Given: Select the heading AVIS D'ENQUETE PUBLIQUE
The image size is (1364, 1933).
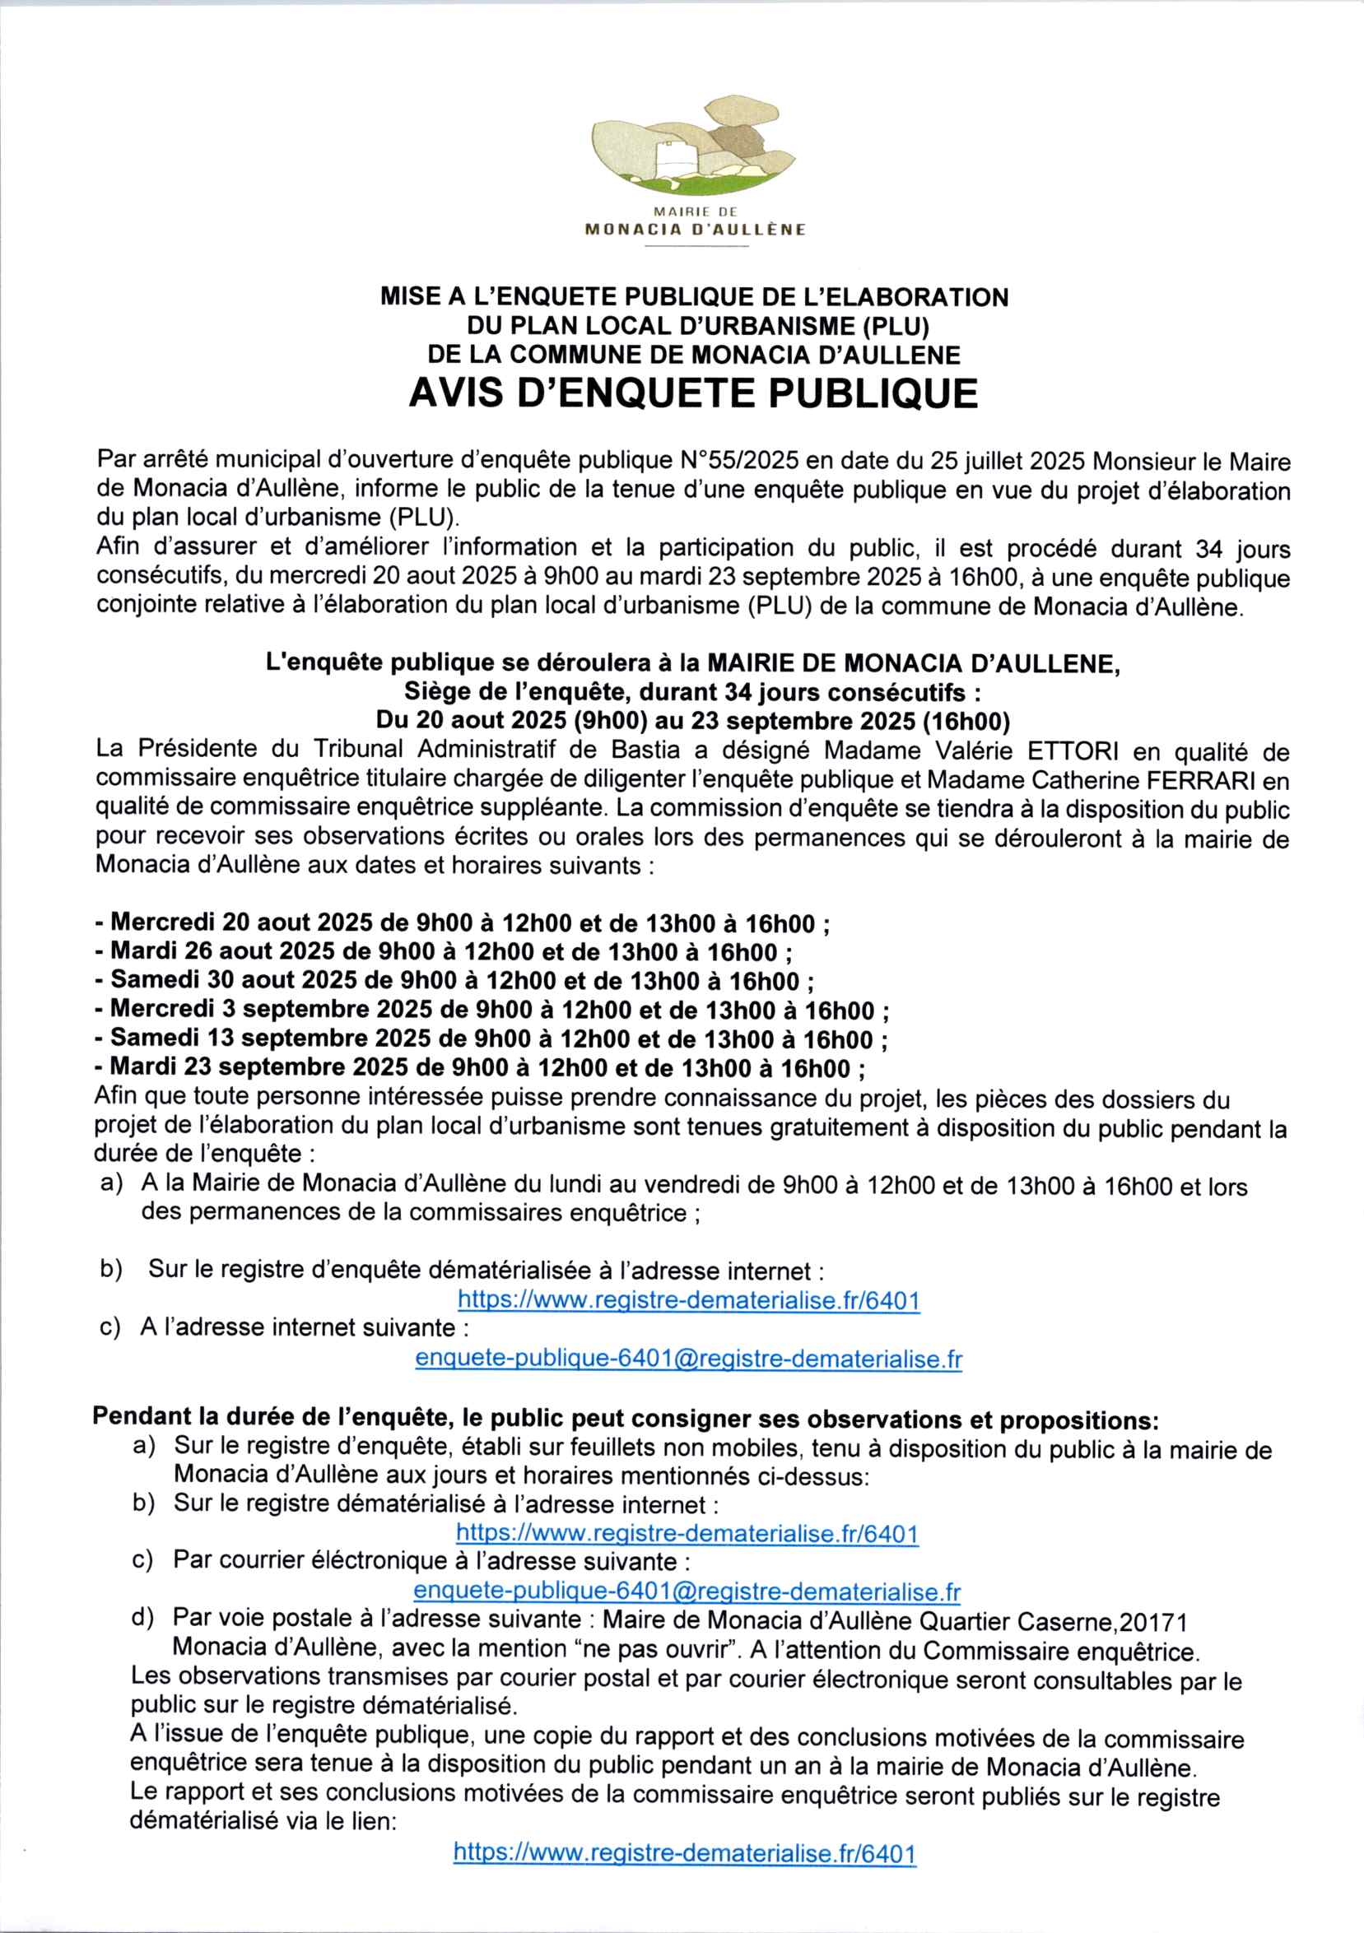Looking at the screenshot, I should tap(693, 393).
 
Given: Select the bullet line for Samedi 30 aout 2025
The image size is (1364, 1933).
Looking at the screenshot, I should tap(454, 981).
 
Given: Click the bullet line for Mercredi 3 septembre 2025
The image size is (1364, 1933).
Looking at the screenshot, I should tap(492, 1010).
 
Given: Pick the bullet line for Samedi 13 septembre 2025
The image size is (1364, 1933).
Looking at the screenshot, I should tap(491, 1038).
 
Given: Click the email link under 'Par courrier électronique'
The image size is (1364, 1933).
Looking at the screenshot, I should tap(687, 1591).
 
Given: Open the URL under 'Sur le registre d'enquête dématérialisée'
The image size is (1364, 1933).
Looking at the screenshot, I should tap(689, 1300).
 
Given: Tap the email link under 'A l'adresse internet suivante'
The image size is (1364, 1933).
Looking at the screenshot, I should tap(689, 1359).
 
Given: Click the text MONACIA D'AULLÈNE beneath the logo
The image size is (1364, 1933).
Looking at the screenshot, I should tap(696, 229).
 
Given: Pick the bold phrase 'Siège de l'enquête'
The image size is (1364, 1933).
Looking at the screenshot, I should tap(515, 692).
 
